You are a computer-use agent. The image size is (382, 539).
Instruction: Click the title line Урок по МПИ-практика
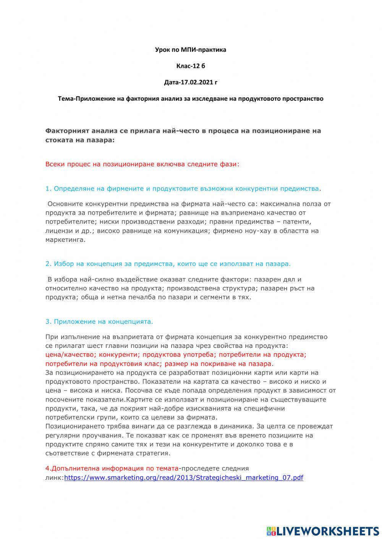190,50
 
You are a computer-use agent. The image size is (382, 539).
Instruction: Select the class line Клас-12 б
190,66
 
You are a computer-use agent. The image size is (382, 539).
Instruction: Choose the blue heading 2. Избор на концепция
168,264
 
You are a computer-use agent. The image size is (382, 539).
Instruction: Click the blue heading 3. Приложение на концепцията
99,322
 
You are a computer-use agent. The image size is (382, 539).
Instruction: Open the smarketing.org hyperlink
183,478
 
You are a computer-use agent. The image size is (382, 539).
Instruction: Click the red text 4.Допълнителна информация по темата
112,468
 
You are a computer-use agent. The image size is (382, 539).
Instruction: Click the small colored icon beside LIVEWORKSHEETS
271,531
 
